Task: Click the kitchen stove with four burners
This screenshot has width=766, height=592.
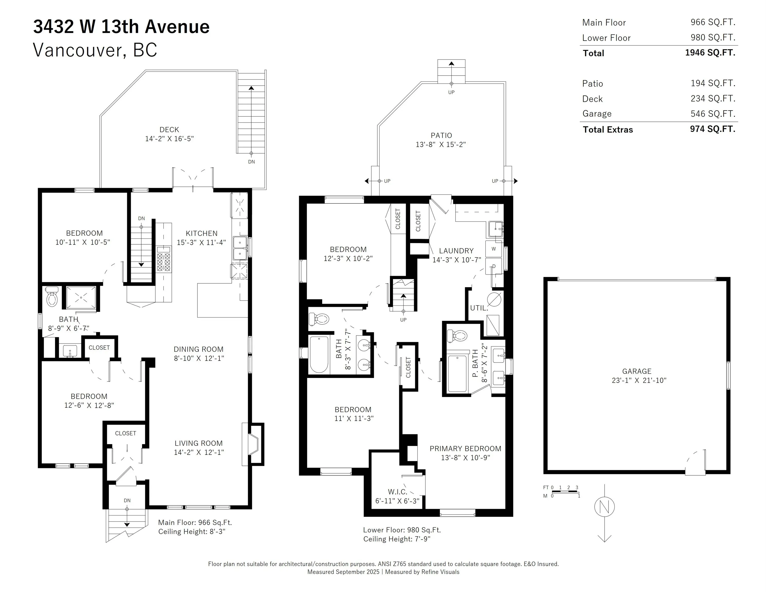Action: tap(163, 259)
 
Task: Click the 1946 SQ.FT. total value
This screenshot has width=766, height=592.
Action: tap(710, 53)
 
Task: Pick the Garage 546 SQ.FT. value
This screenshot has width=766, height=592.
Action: tap(713, 114)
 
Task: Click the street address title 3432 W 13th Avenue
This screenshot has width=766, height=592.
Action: tap(121, 27)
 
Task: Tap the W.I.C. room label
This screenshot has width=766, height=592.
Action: tap(397, 492)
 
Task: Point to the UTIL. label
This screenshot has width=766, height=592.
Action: tap(479, 308)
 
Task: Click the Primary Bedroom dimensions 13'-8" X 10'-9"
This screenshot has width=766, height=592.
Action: tap(465, 458)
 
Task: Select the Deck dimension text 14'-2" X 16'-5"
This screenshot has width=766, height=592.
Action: tap(169, 138)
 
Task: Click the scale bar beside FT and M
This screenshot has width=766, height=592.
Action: tap(565, 492)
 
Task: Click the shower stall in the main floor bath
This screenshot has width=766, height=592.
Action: tap(81, 298)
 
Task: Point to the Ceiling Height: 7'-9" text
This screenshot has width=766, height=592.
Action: tap(397, 539)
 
